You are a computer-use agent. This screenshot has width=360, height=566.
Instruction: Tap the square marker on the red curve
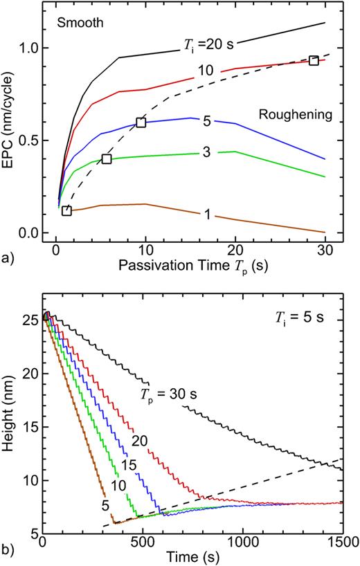pyautogui.click(x=314, y=61)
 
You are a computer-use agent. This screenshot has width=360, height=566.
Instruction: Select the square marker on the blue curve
pyautogui.click(x=141, y=122)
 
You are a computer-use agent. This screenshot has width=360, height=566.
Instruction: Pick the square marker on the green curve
pyautogui.click(x=106, y=159)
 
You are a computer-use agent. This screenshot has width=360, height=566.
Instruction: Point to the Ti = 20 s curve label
pyautogui.click(x=210, y=46)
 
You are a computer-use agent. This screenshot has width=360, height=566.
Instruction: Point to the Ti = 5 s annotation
pyautogui.click(x=298, y=319)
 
